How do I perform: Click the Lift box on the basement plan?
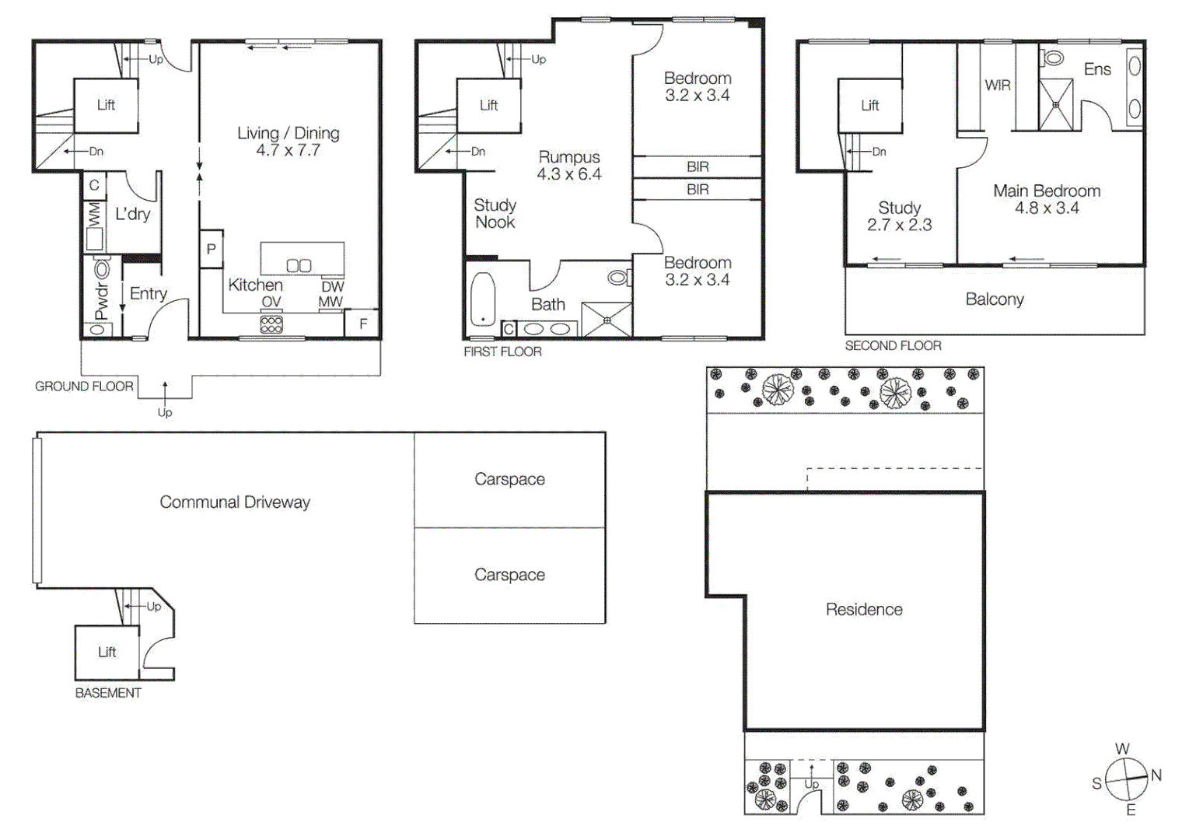(107, 652)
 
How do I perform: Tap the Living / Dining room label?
(289, 133)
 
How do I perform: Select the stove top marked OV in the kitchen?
(271, 324)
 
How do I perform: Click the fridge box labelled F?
(363, 324)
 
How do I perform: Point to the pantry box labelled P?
(211, 250)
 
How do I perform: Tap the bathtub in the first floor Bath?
(483, 299)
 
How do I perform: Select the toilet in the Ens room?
(1054, 58)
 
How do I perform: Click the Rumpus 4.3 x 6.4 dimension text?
(569, 174)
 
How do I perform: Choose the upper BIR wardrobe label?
(698, 166)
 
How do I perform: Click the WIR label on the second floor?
(998, 85)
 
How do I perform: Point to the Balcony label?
(995, 299)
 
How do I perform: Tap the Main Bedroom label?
(1047, 191)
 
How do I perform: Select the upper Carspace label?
(509, 479)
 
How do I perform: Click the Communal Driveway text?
(235, 502)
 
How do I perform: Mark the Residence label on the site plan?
(864, 610)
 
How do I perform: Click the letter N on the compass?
(1156, 775)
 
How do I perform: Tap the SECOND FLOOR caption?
(893, 345)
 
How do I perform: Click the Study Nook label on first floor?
(495, 214)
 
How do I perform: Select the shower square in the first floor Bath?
(607, 320)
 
